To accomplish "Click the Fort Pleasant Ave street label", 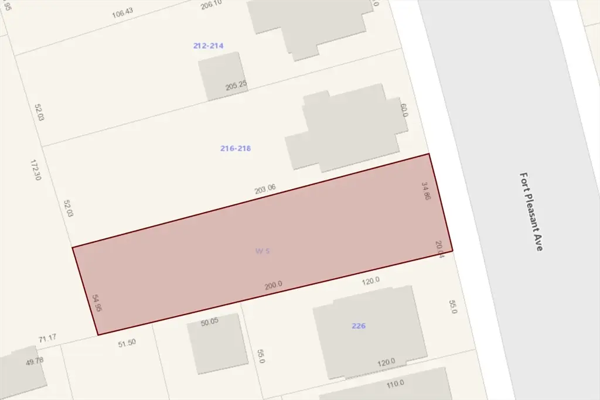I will (x=531, y=211).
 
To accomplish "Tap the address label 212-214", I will (x=209, y=46).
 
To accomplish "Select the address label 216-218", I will (x=236, y=149).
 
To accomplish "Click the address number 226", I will (x=359, y=326).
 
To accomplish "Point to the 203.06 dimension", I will (x=265, y=189).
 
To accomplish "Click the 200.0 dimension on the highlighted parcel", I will (x=274, y=285).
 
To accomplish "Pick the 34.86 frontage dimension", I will (x=426, y=192).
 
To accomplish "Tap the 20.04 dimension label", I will (x=440, y=249).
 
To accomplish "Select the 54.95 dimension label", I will (x=97, y=303).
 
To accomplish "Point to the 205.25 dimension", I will (x=236, y=86).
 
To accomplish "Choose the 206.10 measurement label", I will (x=212, y=5).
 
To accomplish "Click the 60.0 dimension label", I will (x=404, y=111).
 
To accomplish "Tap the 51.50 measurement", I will (x=127, y=343).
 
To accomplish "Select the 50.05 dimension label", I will (x=209, y=322).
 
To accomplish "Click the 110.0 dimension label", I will (x=396, y=384).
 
